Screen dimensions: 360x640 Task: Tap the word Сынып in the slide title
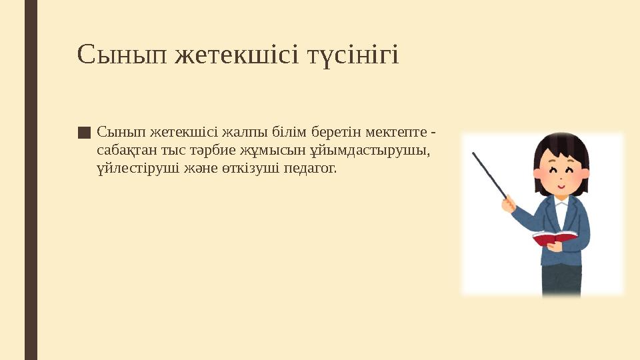pyautogui.click(x=121, y=55)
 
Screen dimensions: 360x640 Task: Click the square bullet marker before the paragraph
pyautogui.click(x=83, y=132)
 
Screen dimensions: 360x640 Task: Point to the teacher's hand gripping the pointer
pyautogui.click(x=509, y=203)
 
